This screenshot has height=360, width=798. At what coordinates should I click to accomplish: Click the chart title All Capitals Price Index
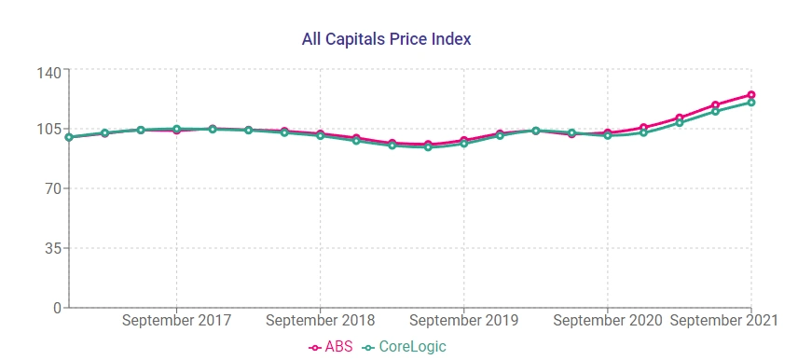click(x=386, y=39)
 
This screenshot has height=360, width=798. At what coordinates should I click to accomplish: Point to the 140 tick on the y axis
click(x=48, y=72)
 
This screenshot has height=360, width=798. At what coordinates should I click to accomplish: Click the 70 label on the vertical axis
click(x=52, y=188)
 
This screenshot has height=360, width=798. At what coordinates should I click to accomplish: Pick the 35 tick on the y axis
click(x=52, y=248)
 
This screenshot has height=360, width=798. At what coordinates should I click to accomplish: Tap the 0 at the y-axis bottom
click(x=57, y=307)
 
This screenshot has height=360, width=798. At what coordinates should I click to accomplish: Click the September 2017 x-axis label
click(x=177, y=321)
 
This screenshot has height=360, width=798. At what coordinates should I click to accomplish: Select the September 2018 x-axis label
click(x=321, y=321)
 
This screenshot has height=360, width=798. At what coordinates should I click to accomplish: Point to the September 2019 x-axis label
click(x=464, y=321)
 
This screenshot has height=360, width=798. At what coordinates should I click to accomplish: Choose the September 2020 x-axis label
click(x=608, y=321)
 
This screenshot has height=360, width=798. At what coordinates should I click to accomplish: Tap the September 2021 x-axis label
click(x=724, y=321)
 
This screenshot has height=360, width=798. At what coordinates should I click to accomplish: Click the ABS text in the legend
click(x=338, y=347)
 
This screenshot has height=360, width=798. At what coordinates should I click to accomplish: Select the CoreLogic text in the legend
click(x=413, y=347)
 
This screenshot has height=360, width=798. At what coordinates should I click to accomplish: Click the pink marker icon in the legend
click(x=315, y=348)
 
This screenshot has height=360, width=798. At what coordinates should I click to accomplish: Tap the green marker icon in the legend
click(x=369, y=348)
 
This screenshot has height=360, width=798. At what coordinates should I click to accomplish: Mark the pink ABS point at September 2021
click(x=751, y=95)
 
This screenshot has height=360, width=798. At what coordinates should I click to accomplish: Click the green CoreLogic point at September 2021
click(x=751, y=103)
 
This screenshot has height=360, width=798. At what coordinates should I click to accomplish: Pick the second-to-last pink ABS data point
click(x=716, y=105)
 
